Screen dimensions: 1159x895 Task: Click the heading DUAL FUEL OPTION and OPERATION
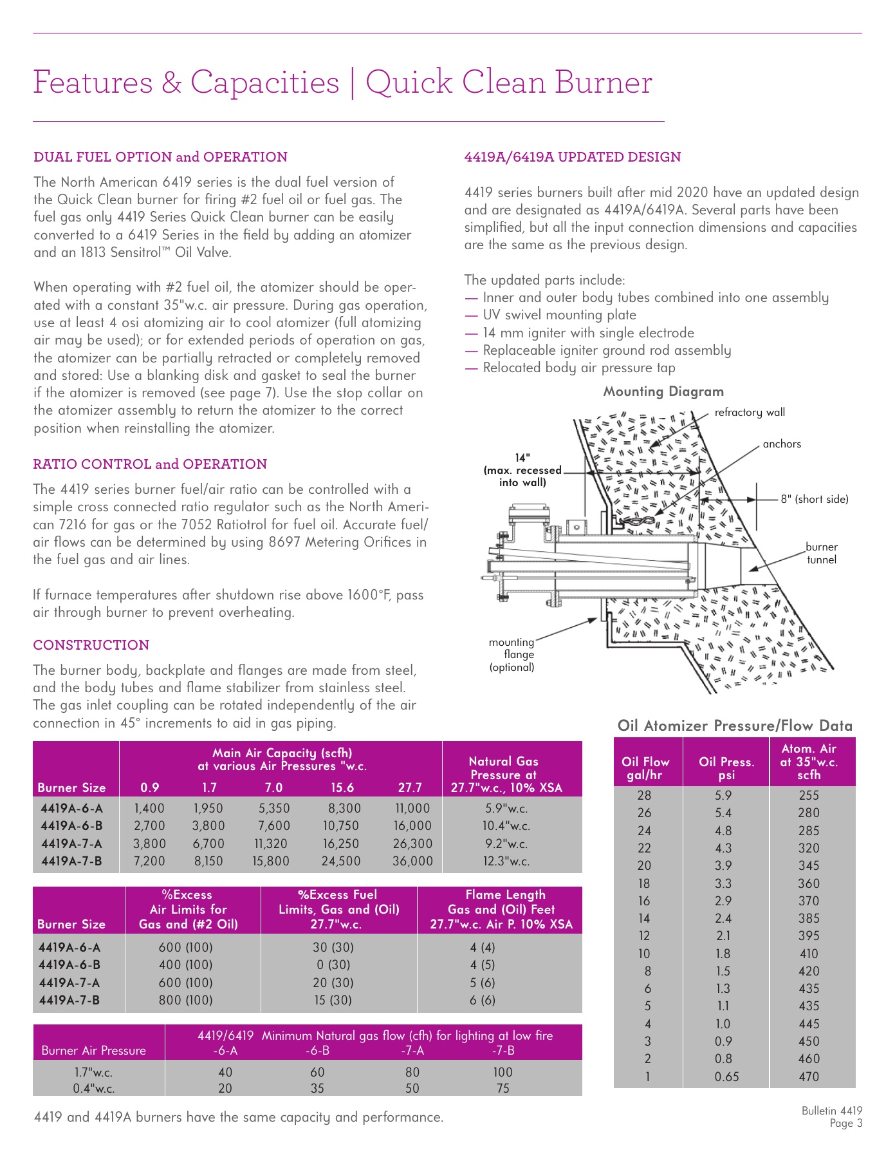[160, 157]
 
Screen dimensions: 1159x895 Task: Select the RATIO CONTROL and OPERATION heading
[150, 464]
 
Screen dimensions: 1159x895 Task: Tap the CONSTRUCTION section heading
[91, 645]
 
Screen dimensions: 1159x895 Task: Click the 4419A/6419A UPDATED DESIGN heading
[572, 157]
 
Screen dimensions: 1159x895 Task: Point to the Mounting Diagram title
[663, 391]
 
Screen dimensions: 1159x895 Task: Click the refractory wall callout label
[750, 412]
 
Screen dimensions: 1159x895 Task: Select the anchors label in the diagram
[781, 444]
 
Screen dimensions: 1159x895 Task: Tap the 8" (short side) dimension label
[814, 499]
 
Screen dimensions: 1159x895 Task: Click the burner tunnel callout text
[822, 553]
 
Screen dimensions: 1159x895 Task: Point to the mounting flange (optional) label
[512, 654]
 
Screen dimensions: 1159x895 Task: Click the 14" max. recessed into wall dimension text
[522, 470]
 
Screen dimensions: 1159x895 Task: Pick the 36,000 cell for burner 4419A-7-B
[412, 861]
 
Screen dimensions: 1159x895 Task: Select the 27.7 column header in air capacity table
[410, 787]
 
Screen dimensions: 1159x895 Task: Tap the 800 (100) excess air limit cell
[185, 1000]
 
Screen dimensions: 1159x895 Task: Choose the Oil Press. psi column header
[726, 768]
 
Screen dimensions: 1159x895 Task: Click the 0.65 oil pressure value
[726, 1077]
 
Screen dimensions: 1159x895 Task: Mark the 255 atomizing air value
[809, 795]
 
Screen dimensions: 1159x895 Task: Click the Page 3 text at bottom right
[845, 1124]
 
